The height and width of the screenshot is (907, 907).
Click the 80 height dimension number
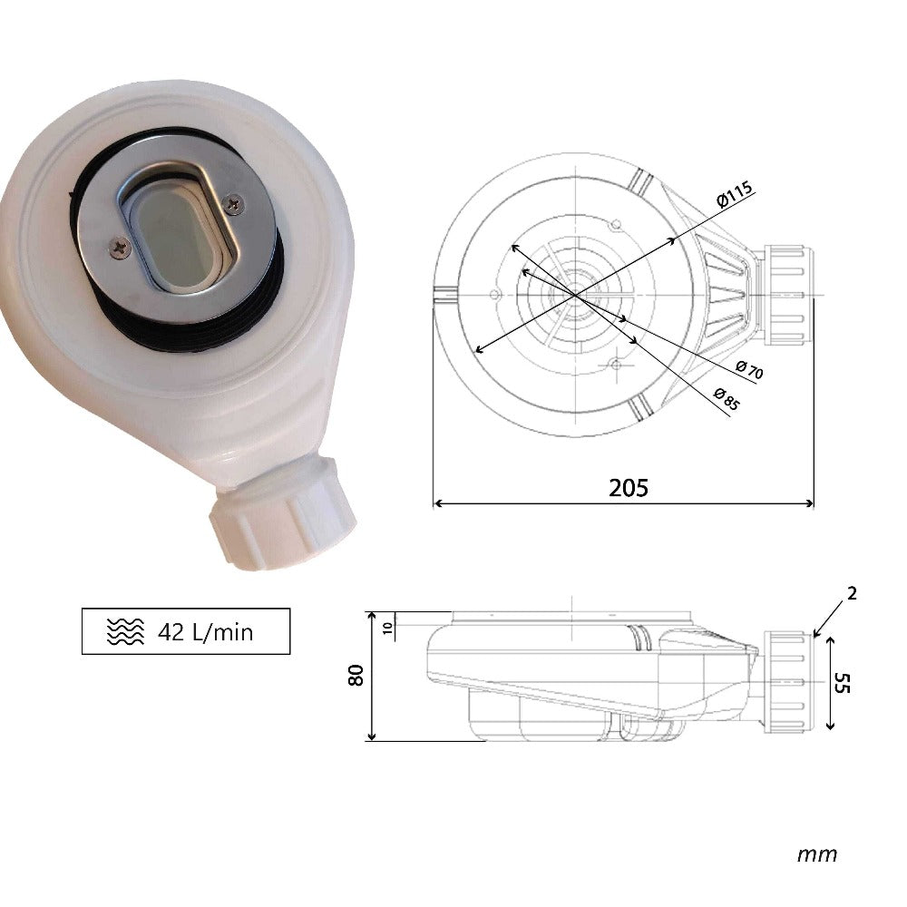pyautogui.click(x=356, y=675)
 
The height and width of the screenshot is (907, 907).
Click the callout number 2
pyautogui.click(x=851, y=594)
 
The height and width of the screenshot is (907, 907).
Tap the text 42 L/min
pyautogui.click(x=205, y=631)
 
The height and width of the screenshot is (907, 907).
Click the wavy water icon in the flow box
pyautogui.click(x=125, y=632)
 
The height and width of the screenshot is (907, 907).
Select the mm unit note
pyautogui.click(x=816, y=854)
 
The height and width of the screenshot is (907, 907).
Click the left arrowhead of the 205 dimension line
pyautogui.click(x=436, y=503)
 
